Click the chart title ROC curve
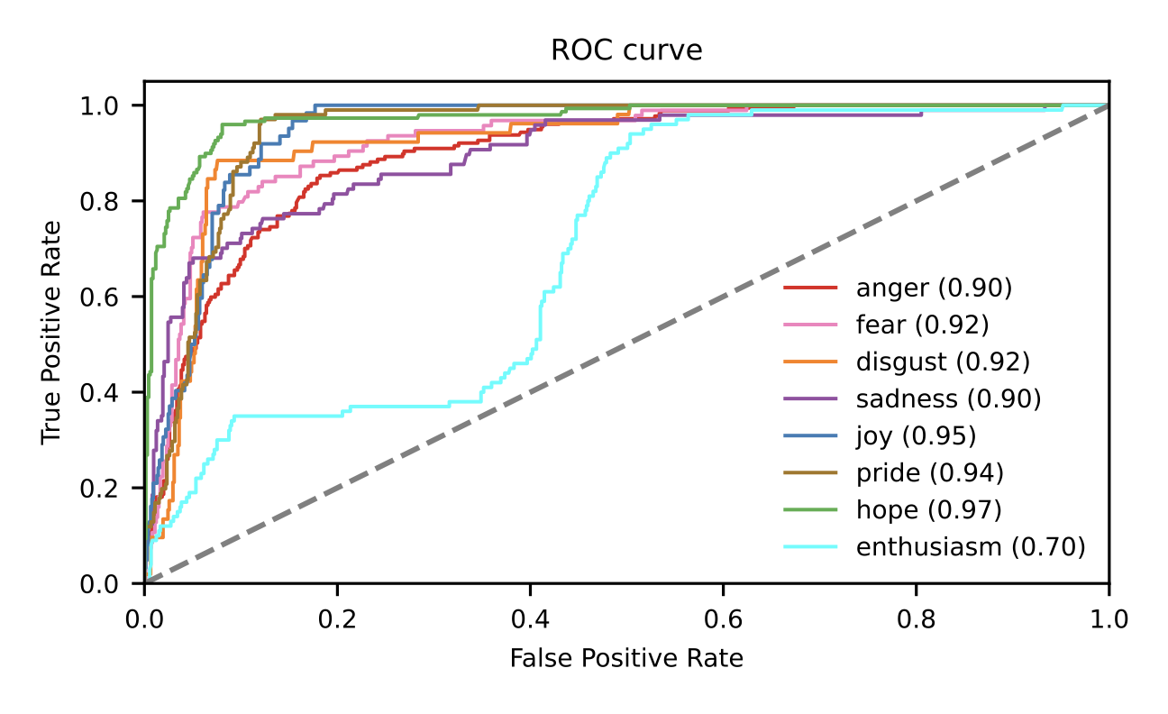pos(626,51)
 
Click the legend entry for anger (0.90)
pos(934,288)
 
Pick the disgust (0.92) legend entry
pos(942,362)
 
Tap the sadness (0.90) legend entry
pos(948,398)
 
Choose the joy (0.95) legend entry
pos(916,435)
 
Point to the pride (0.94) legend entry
pos(929,472)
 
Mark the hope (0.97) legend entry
pos(928,509)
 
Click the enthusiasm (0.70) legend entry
pos(970,546)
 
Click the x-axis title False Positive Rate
pos(626,659)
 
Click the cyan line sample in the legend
pos(810,546)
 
